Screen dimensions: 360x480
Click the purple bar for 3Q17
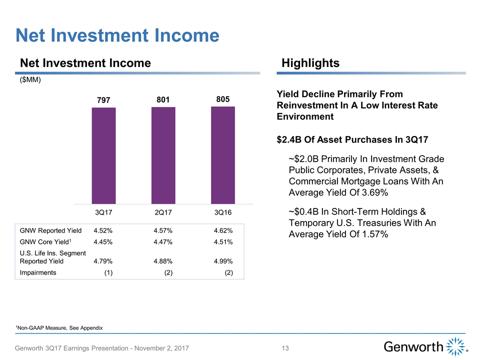[103, 155]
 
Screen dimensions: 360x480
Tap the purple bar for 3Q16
[222, 155]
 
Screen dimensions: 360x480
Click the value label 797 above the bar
[103, 100]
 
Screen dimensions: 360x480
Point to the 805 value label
[222, 99]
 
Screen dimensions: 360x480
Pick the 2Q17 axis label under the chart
[163, 213]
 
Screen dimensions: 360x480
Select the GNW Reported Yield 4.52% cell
[102, 231]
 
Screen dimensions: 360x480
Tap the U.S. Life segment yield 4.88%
[163, 261]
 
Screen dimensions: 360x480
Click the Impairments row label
[38, 273]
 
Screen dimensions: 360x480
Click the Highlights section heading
[310, 63]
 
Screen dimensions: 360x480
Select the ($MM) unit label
[30, 80]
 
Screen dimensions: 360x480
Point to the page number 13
[285, 348]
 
